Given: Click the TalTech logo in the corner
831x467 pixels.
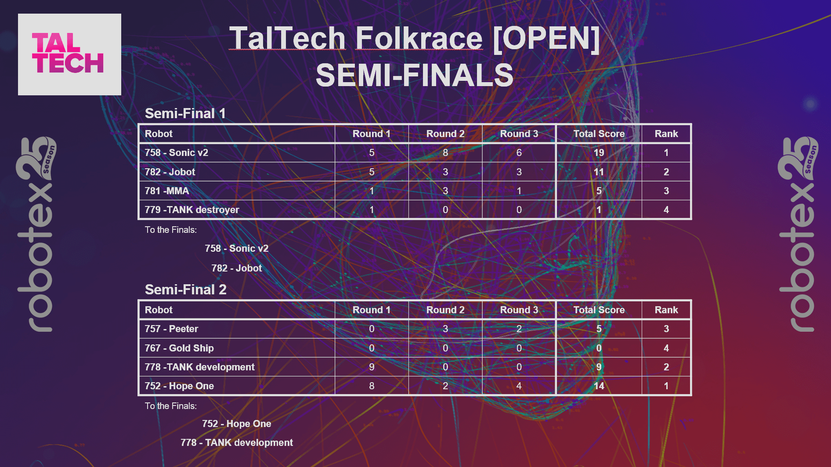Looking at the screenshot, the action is point(69,54).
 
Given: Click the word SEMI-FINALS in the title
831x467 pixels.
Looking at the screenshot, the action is point(414,75).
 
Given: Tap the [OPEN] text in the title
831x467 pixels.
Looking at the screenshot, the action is point(546,38).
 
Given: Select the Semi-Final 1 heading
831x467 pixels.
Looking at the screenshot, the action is point(185,113).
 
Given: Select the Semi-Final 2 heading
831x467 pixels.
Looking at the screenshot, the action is point(185,290).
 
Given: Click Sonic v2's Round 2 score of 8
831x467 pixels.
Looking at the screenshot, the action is point(445,152).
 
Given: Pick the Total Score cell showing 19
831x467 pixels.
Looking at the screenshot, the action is point(599,152).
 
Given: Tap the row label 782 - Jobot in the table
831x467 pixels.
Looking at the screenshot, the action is point(170,172).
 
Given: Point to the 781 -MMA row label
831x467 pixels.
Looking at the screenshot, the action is point(167,191).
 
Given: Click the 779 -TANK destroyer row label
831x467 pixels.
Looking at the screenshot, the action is point(192,210).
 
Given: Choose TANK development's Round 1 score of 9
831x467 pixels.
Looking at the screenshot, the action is point(372,367).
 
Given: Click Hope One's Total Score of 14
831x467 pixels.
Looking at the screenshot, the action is point(599,386).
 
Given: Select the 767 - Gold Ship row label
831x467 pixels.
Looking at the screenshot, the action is point(179,348).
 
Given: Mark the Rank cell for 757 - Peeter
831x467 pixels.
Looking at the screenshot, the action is point(666,329).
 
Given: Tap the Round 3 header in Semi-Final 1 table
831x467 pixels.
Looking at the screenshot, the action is point(519,134).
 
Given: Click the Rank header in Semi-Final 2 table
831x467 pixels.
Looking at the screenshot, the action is point(666,310).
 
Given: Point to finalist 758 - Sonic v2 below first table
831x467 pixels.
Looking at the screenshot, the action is point(236,248).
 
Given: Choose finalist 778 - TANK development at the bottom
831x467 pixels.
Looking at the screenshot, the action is point(236,442).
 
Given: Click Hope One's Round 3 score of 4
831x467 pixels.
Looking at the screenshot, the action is point(519,386).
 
